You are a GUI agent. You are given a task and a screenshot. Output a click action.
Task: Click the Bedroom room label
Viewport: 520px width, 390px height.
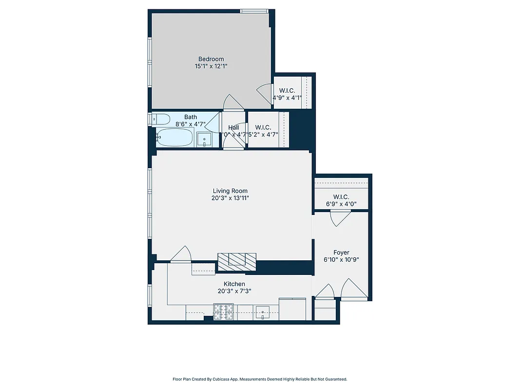[211, 59]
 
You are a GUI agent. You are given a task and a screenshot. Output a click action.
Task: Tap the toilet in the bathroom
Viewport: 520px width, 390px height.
[160, 118]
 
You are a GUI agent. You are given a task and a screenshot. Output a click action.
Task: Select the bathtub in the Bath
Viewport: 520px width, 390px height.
[175, 137]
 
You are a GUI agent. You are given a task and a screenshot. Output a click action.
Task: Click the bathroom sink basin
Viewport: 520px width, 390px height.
[204, 139]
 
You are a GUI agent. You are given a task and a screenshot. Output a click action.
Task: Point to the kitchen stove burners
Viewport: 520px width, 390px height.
[224, 312]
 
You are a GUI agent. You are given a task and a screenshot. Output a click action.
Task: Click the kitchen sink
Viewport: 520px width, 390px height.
[264, 312]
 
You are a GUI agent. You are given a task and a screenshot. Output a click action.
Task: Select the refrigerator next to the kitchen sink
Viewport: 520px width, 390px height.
[292, 309]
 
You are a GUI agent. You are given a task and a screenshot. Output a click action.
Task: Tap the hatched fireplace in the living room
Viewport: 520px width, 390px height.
[237, 261]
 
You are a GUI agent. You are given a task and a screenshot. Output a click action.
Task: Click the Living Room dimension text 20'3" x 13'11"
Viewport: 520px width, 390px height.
[230, 198]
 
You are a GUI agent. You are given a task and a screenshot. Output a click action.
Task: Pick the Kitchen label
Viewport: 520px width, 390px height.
[234, 284]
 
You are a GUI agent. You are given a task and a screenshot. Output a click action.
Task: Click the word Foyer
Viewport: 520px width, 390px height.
[341, 253]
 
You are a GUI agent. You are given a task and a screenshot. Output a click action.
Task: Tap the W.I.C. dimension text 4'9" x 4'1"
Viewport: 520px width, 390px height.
[287, 97]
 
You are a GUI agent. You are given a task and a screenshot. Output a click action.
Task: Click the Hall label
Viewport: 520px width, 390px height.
[233, 128]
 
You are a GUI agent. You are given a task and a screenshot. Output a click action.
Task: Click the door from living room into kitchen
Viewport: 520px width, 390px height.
[181, 254]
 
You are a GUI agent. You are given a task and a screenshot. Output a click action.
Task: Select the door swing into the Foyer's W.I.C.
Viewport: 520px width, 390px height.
[339, 218]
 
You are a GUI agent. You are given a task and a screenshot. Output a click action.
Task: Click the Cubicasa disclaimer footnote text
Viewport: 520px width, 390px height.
[260, 379]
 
